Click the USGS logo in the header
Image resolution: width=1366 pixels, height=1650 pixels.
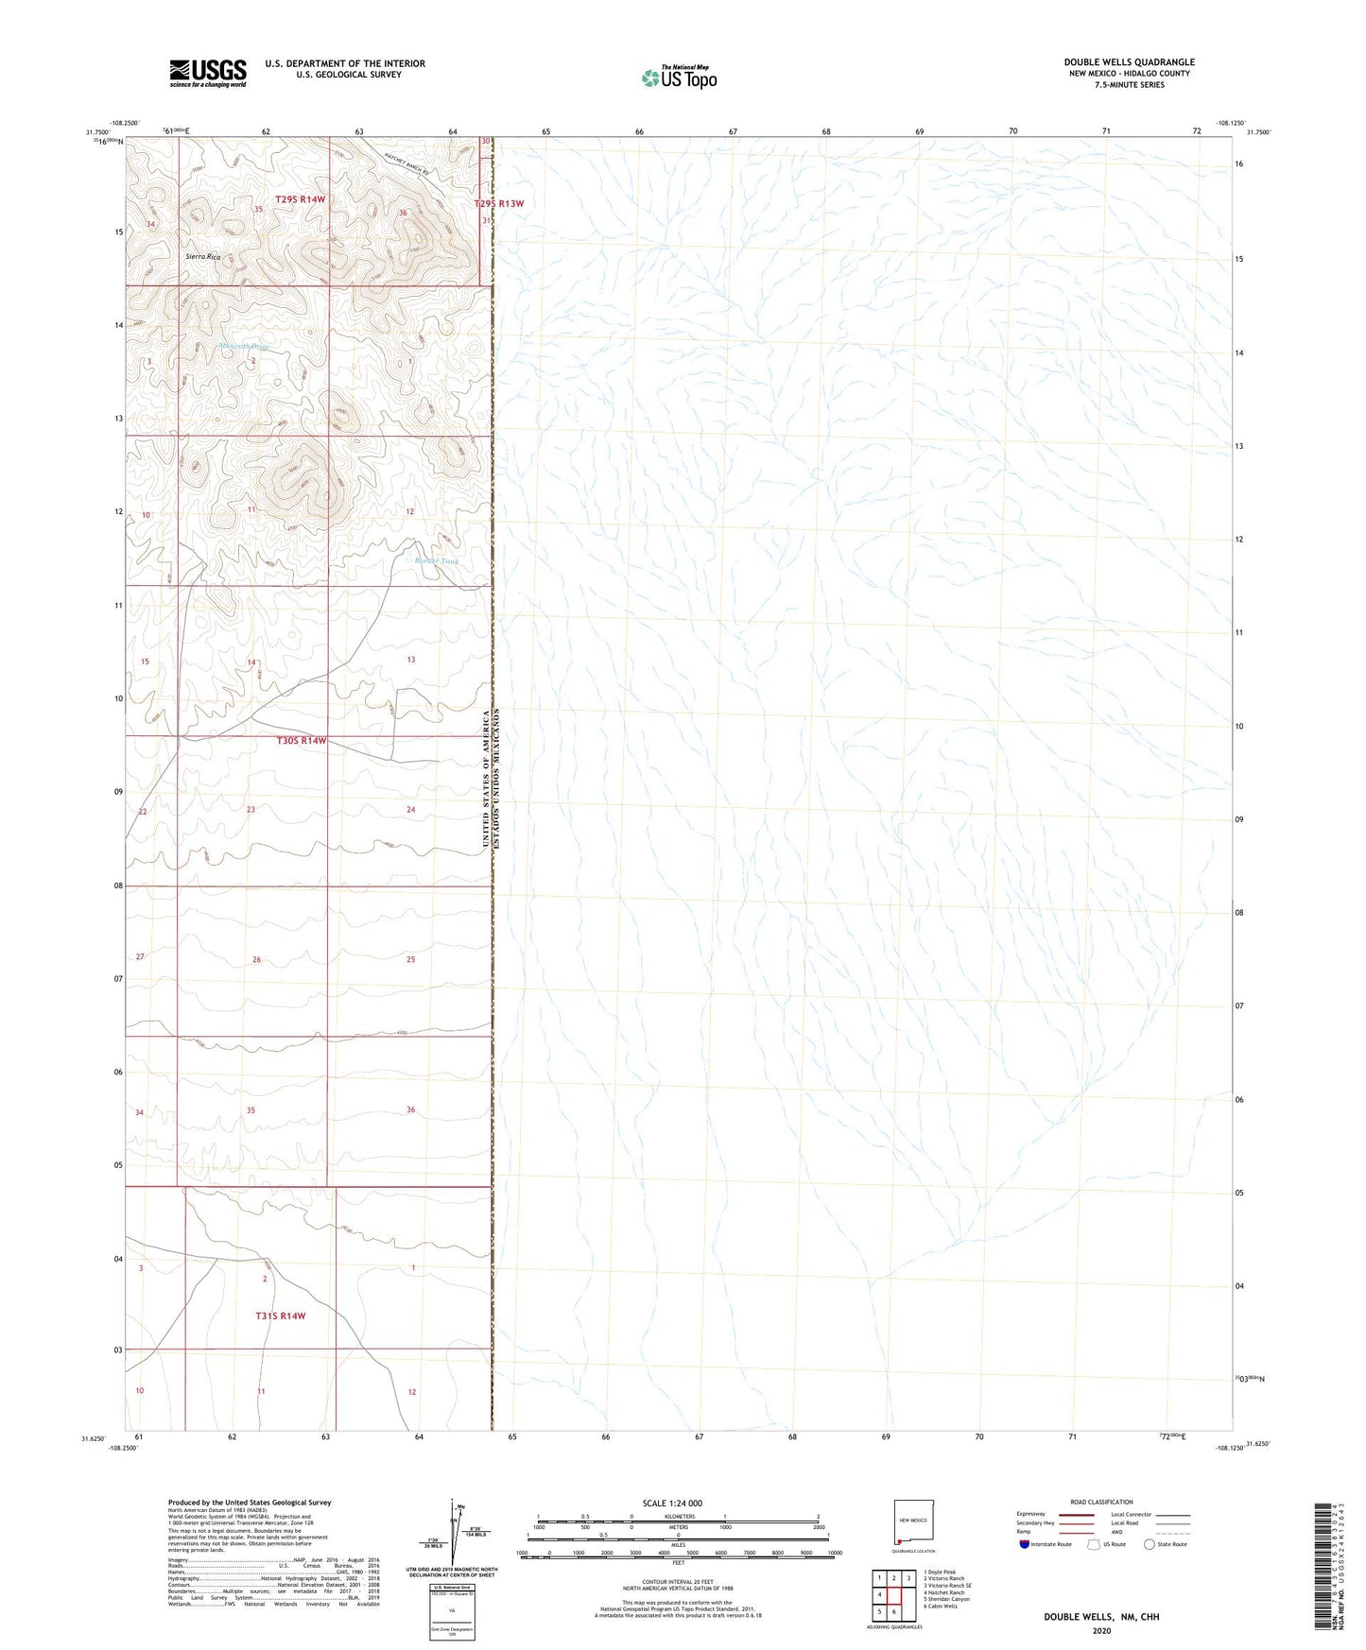208,73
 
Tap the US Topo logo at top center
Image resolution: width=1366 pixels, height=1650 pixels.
678,77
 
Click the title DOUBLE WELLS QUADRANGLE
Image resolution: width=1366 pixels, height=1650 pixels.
1129,62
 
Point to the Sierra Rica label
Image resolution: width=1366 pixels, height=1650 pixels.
202,257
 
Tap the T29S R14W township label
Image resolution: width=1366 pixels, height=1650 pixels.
301,199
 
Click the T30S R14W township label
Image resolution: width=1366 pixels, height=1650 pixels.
301,741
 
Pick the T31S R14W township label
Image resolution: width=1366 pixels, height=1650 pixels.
281,1315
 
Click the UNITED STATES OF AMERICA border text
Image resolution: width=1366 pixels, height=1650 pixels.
486,778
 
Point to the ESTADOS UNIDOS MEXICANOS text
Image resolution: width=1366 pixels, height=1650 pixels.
497,778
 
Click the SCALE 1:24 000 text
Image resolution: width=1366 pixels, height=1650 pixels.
672,1503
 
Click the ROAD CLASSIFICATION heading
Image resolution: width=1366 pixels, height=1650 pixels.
1101,1502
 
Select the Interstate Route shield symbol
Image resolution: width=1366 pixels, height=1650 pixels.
1025,1544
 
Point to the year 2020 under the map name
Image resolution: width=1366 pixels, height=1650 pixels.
1100,1630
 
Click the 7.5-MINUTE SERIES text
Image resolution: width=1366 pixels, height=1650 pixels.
1129,85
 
